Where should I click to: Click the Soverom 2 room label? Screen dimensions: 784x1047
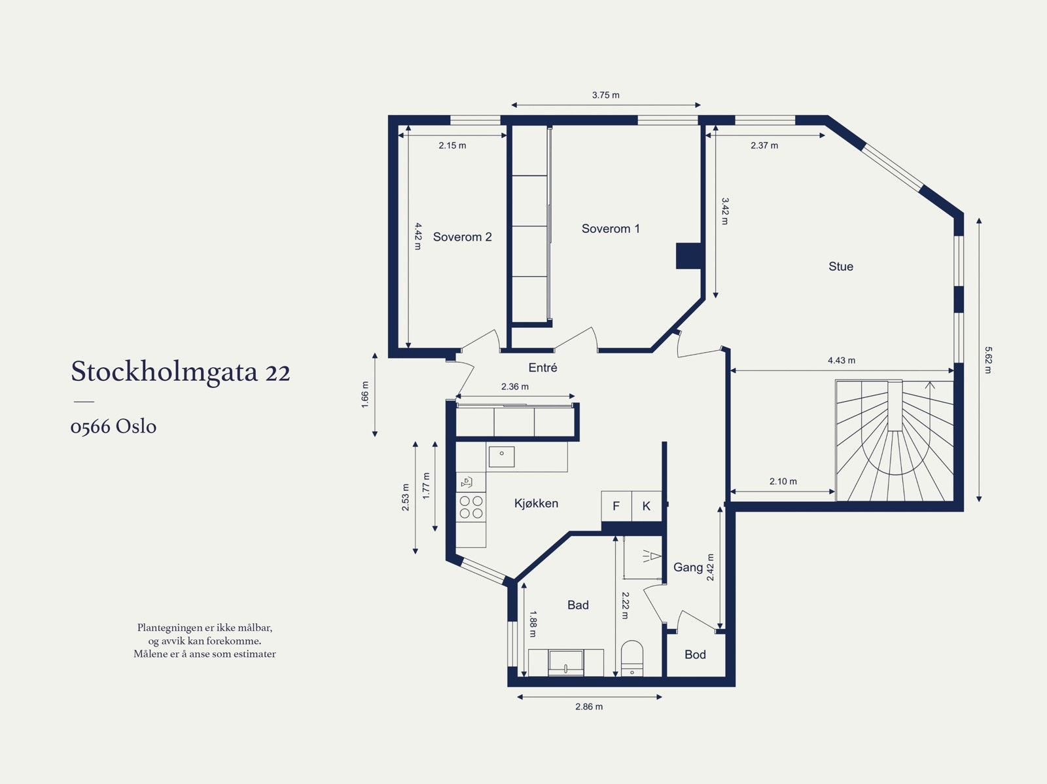pyautogui.click(x=462, y=237)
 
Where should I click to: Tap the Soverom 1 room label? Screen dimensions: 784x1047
pyautogui.click(x=611, y=228)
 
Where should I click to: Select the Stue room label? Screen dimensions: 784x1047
pyautogui.click(x=840, y=266)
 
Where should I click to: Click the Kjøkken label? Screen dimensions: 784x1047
pyautogui.click(x=536, y=503)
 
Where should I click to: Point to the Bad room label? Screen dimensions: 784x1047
pyautogui.click(x=578, y=605)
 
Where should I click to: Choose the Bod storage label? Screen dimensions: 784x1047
pyautogui.click(x=695, y=654)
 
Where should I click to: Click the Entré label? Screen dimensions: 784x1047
pyautogui.click(x=542, y=368)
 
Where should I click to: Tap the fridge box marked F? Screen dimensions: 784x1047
pyautogui.click(x=616, y=506)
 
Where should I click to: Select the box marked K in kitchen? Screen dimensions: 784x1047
pyautogui.click(x=647, y=506)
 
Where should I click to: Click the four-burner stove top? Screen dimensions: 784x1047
pyautogui.click(x=471, y=507)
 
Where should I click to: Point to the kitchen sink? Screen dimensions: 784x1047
pyautogui.click(x=502, y=456)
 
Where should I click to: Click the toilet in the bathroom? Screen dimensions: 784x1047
pyautogui.click(x=632, y=657)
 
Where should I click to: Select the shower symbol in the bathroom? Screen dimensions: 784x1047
pyautogui.click(x=650, y=557)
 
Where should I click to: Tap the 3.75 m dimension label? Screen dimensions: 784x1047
pyautogui.click(x=605, y=95)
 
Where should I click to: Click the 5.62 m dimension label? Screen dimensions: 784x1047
pyautogui.click(x=988, y=360)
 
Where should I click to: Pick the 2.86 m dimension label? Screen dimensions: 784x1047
pyautogui.click(x=589, y=707)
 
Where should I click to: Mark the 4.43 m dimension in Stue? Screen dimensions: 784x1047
pyautogui.click(x=841, y=361)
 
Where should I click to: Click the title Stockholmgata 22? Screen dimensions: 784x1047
pyautogui.click(x=181, y=372)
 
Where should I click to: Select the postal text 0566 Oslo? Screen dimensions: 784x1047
pyautogui.click(x=113, y=427)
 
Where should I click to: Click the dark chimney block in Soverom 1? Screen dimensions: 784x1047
pyautogui.click(x=688, y=256)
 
